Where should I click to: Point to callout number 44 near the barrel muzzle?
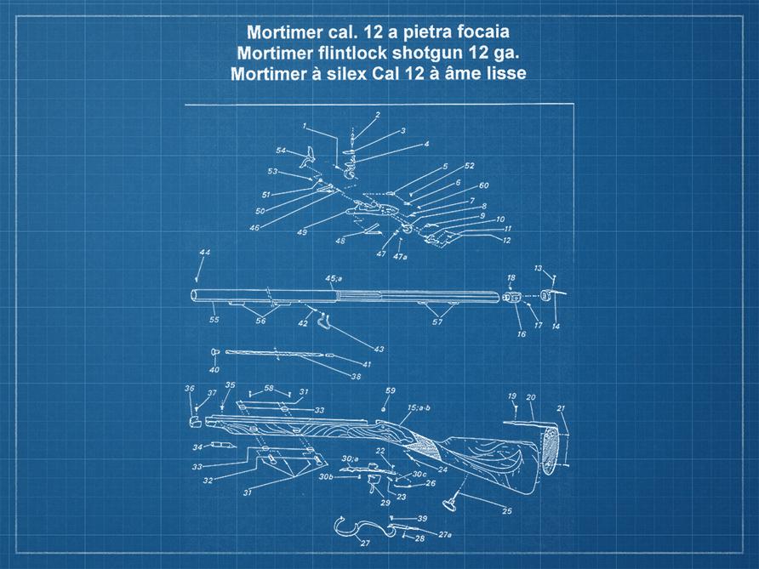click(204, 253)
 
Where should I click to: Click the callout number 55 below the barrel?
click(214, 320)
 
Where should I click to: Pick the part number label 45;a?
click(334, 277)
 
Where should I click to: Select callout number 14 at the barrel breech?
click(556, 326)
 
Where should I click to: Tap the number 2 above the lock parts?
click(377, 115)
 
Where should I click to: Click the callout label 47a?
click(400, 256)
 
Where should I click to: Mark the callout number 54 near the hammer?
click(280, 151)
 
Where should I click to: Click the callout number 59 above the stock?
click(391, 390)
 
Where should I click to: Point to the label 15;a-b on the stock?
click(419, 408)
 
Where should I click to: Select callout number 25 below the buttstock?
click(507, 511)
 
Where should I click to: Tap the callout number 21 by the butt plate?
click(561, 409)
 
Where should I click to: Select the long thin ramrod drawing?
click(272, 351)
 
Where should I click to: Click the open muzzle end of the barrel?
click(195, 296)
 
